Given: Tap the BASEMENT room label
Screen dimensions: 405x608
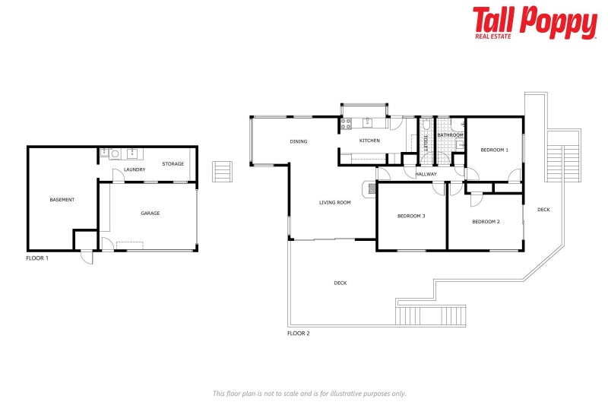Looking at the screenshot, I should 62,200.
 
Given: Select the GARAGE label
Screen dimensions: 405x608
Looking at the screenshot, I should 150,214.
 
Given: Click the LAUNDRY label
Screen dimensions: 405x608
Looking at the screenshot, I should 135,169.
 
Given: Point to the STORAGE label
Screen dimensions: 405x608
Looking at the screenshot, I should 173,163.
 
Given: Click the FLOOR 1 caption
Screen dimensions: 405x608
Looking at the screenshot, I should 37,258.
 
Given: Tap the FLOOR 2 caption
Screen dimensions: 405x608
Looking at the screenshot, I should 298,333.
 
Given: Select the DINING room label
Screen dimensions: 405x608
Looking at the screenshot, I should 298,141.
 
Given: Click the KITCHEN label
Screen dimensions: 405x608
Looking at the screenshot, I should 369,141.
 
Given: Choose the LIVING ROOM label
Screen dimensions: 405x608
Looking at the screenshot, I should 334,202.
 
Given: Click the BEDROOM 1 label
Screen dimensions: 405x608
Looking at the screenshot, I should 494,150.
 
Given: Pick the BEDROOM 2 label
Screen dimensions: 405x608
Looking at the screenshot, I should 486,222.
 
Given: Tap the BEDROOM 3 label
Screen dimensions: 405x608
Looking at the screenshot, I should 411,217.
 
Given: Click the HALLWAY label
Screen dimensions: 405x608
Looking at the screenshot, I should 426,174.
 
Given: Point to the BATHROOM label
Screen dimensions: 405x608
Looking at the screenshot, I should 450,135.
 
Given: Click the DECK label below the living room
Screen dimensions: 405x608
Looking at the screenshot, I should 340,283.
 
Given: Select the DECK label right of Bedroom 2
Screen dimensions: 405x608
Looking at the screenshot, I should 543,210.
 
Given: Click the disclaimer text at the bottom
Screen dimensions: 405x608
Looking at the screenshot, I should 309,393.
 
